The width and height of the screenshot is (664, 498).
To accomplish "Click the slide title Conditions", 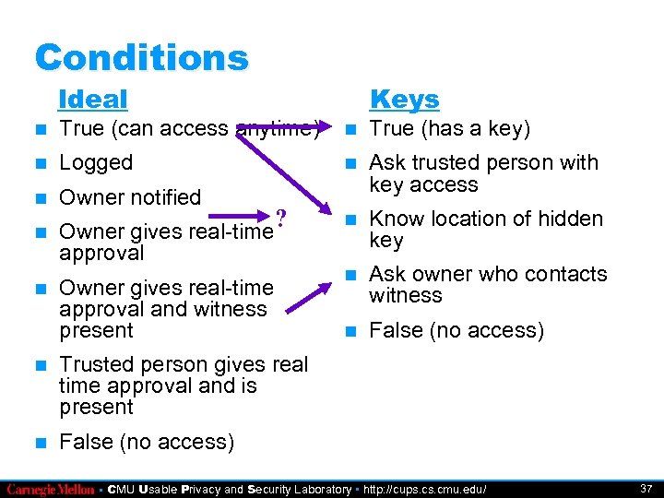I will tap(141, 57).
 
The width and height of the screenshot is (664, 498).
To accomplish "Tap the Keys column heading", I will tap(404, 99).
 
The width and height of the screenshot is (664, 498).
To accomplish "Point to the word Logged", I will tap(96, 163).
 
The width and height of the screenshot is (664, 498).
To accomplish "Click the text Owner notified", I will tap(129, 197).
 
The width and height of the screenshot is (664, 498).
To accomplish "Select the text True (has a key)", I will tap(449, 129).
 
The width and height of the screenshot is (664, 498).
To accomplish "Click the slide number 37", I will tap(645, 488).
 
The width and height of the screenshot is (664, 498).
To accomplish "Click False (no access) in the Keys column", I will tap(456, 330).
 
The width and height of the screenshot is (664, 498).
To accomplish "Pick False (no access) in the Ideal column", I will tap(146, 442).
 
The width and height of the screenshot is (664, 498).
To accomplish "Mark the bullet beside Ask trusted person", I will tap(349, 164).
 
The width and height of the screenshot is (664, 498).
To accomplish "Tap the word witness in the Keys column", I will tap(406, 295).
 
